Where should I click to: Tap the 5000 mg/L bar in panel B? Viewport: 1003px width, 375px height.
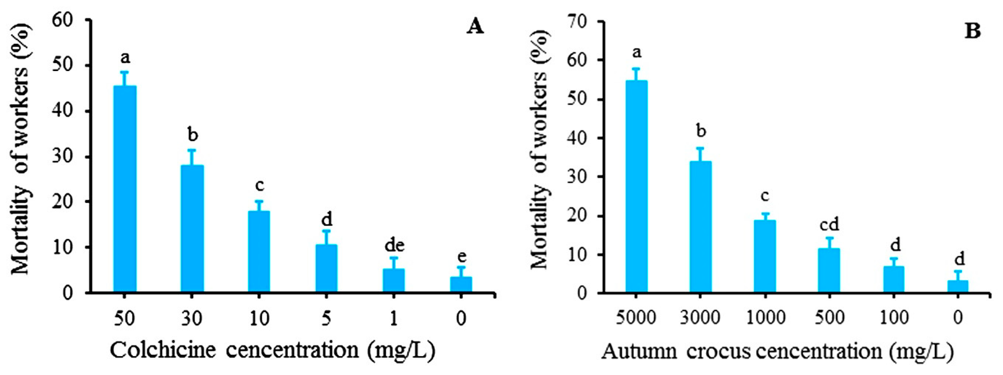click(x=636, y=187)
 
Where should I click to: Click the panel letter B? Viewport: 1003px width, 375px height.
click(x=972, y=31)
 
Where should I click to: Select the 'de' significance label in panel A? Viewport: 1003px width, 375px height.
click(x=394, y=245)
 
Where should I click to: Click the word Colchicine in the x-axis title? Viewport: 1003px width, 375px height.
click(x=163, y=350)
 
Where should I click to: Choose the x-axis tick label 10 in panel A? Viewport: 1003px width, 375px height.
click(x=259, y=318)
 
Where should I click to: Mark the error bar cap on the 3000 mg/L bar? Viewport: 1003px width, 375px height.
click(x=700, y=148)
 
